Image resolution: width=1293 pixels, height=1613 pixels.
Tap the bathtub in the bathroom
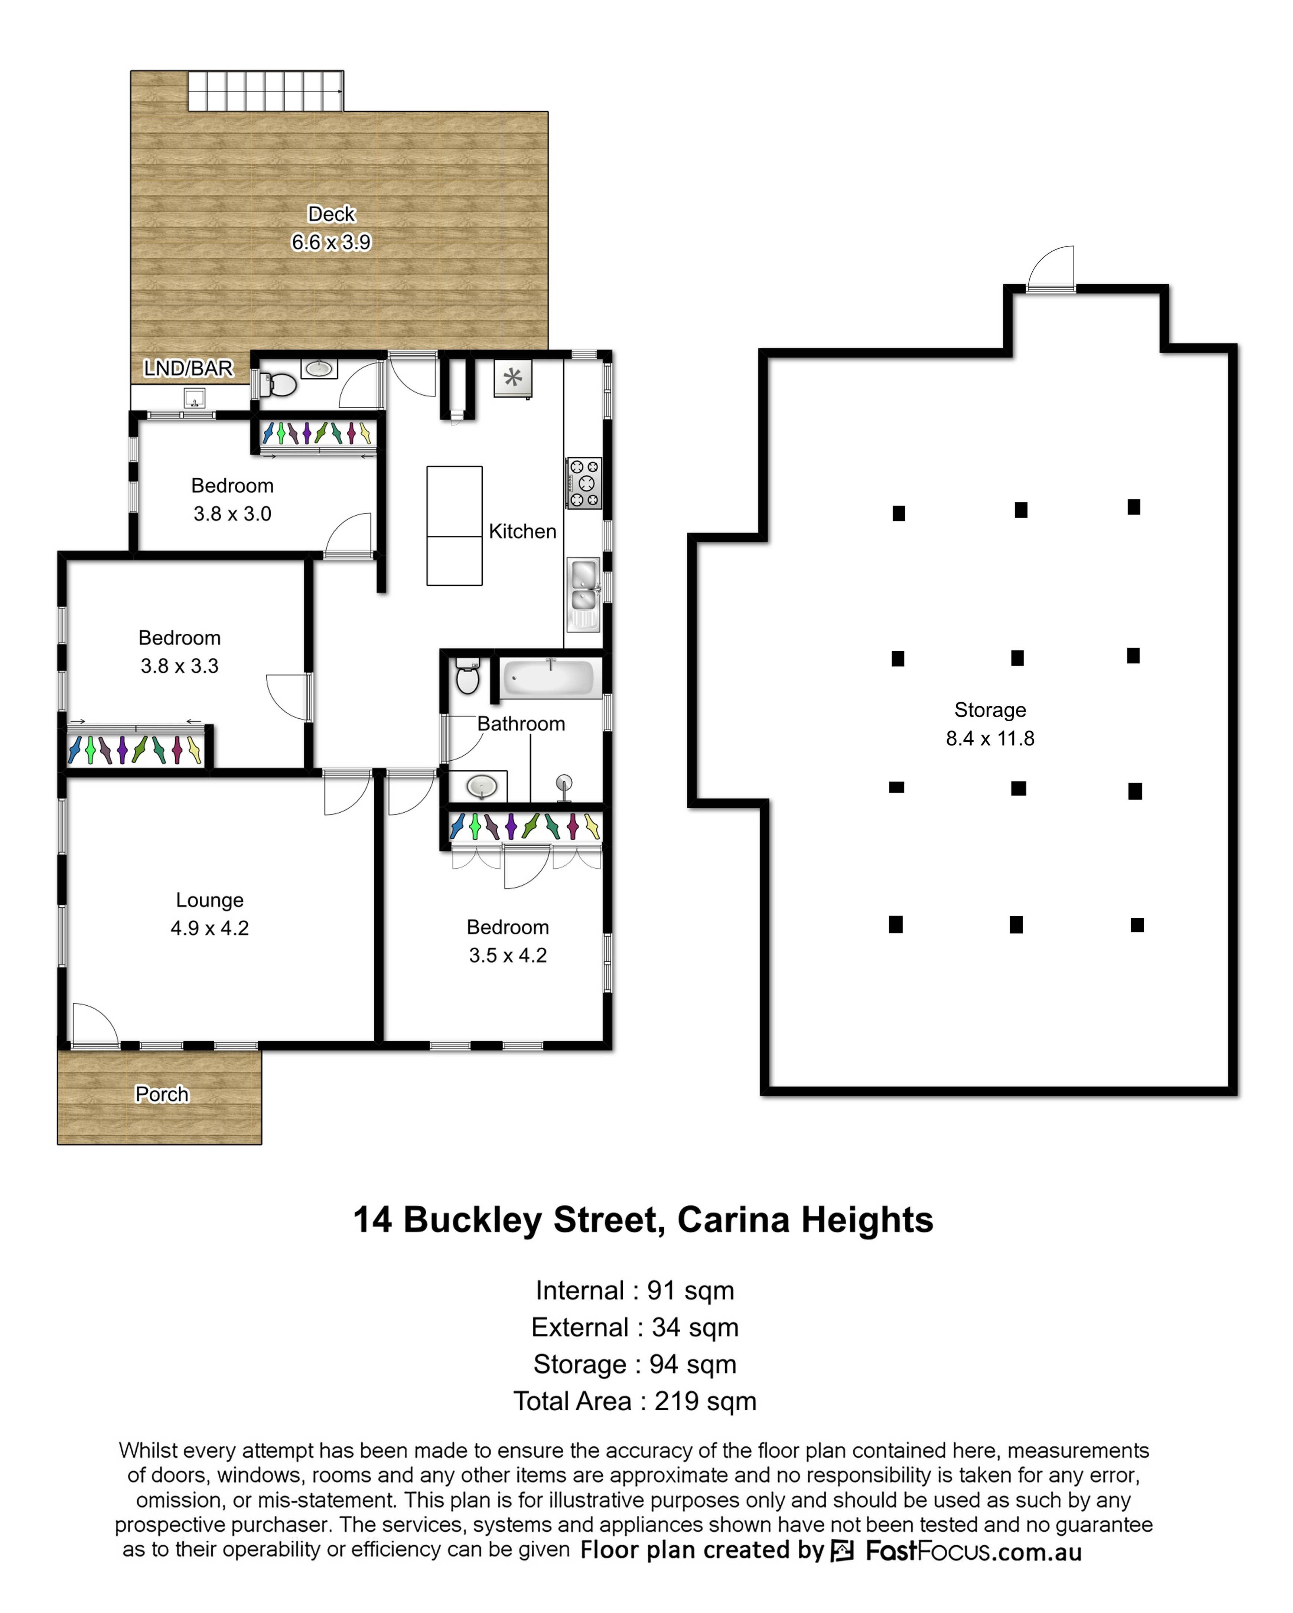(x=550, y=678)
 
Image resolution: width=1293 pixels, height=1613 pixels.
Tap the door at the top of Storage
(x=1051, y=268)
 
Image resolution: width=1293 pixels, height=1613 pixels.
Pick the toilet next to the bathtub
(x=468, y=676)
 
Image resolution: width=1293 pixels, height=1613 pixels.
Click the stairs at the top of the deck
(x=266, y=91)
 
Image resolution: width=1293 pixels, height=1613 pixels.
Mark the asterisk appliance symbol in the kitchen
(x=512, y=378)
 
